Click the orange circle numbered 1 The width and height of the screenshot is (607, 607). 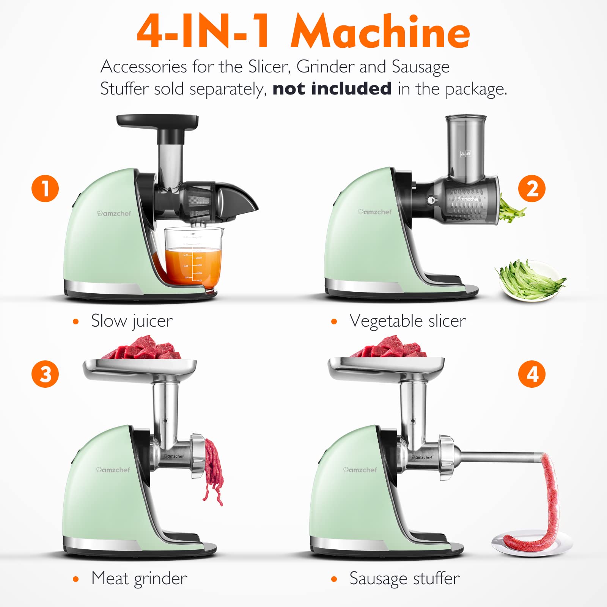[45, 189]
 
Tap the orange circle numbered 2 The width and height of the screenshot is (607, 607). [532, 189]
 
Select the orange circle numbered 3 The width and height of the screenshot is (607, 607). [45, 374]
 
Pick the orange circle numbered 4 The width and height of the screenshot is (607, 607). [532, 374]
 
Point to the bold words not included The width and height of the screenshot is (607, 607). [332, 89]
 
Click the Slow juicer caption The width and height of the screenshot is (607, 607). [132, 321]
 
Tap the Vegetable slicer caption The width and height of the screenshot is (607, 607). [407, 321]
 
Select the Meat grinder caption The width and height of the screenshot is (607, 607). [139, 579]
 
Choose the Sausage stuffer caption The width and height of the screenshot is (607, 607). [404, 579]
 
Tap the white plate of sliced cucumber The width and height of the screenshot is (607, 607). [529, 281]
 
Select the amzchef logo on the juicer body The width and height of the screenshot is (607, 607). [114, 214]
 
